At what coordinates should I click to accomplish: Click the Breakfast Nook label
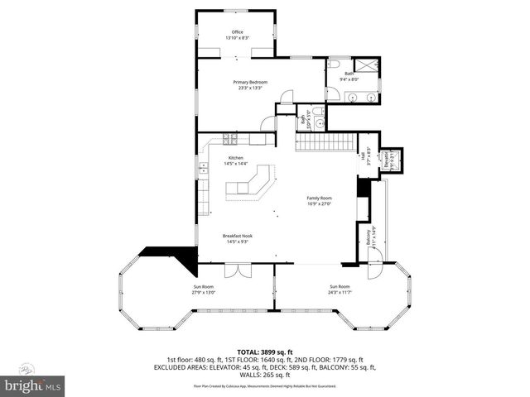[x=236, y=238]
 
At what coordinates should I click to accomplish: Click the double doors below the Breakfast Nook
[x=236, y=270]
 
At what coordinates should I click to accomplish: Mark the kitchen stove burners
[x=203, y=169]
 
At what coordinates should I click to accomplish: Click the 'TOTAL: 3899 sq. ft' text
[x=264, y=351]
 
